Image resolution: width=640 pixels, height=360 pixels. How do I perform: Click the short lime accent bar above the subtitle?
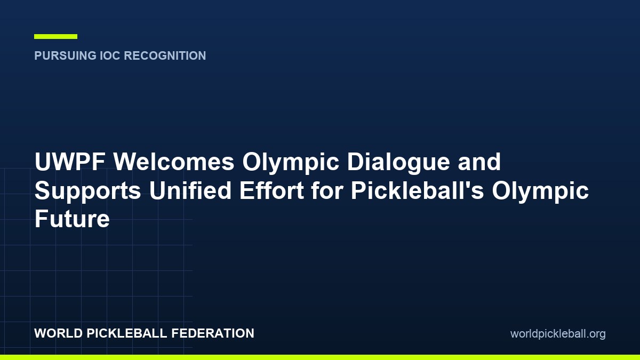pos(55,37)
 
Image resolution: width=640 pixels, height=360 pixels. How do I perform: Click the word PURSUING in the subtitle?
pos(66,55)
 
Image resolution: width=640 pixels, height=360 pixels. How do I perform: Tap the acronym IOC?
pos(110,55)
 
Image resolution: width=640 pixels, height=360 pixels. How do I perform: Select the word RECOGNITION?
pos(165,55)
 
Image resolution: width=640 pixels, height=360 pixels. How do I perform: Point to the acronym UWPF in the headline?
pos(70,162)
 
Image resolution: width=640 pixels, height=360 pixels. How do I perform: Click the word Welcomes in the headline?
pos(174,162)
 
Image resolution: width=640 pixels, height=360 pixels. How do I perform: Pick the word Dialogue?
pos(398,162)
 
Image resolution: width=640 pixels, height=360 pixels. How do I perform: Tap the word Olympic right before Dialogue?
pos(291,162)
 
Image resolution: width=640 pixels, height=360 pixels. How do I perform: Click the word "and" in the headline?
pos(479,162)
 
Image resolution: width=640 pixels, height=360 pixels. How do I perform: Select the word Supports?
pos(87,190)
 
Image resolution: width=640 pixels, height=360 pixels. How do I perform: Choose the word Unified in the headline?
pos(190,190)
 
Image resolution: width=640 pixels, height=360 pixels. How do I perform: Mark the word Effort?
pos(271,190)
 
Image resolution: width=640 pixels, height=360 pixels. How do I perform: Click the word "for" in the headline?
pos(327,190)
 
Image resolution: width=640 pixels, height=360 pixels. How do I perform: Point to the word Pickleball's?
pos(418,190)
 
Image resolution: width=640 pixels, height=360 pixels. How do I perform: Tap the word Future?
pos(72,219)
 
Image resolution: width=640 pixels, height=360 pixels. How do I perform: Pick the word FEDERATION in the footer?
pos(213,333)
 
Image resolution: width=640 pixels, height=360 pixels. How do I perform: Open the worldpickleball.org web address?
pos(558,334)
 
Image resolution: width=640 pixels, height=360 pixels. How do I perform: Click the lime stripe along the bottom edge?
pos(320,357)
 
